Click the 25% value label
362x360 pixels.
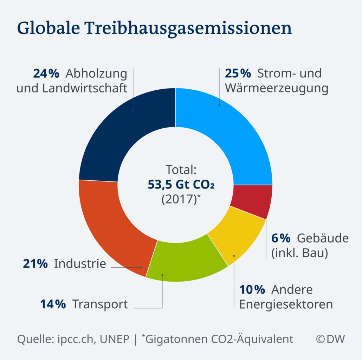(238, 73)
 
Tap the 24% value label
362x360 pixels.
(46, 73)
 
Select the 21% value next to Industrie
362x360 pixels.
(35, 264)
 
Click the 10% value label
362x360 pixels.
(252, 290)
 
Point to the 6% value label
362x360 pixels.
(280, 238)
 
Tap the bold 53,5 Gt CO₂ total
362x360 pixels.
(181, 184)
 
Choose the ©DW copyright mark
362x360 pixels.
(330, 339)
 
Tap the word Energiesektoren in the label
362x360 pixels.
(286, 304)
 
